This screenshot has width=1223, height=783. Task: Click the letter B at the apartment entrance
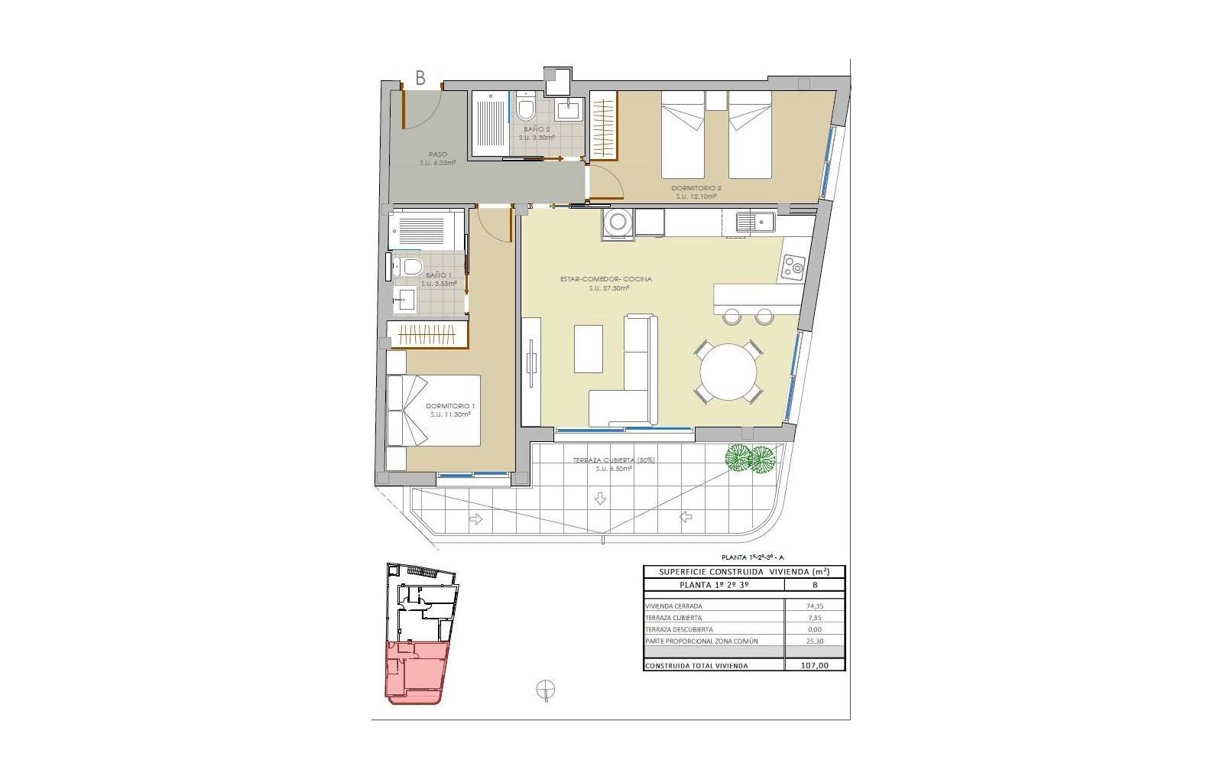[x=420, y=77]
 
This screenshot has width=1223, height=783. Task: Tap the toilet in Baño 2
[x=525, y=109]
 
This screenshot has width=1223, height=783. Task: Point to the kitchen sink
[x=755, y=223]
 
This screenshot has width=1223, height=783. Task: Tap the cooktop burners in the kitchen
[x=793, y=268]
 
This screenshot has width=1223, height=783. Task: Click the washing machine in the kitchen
[x=616, y=223]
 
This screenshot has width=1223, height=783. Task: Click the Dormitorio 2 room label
[x=696, y=188]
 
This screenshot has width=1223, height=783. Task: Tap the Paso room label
[x=437, y=154]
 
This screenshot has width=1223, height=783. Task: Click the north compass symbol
[x=546, y=690]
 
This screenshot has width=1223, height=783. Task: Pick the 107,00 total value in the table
[x=814, y=665]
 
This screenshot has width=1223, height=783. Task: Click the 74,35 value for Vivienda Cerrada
[x=814, y=606]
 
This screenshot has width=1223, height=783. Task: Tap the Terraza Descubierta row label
[x=673, y=629]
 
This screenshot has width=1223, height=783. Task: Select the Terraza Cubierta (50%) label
[x=614, y=460]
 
